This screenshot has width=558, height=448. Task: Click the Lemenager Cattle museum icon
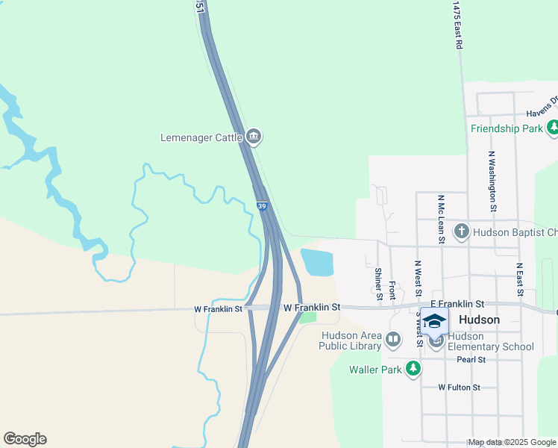pos(254,137)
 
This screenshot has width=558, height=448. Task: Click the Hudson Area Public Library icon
pos(393,340)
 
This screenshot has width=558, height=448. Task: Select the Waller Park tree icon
pos(413,368)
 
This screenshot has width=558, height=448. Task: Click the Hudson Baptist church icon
pos(461,231)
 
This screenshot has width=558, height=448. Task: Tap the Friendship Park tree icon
pos(553,128)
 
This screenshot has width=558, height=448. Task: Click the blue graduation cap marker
pos(434,322)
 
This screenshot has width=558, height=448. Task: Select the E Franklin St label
pos(457,304)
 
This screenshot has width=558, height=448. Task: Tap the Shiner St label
pos(379,284)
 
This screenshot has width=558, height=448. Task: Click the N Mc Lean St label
pos(441,220)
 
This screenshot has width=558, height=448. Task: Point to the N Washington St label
pos(492,181)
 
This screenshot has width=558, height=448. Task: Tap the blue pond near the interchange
pos(316,262)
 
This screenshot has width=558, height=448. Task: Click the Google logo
pos(25,439)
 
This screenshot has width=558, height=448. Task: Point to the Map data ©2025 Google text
pos(512,442)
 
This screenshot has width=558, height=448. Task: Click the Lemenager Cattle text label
pos(201,137)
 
